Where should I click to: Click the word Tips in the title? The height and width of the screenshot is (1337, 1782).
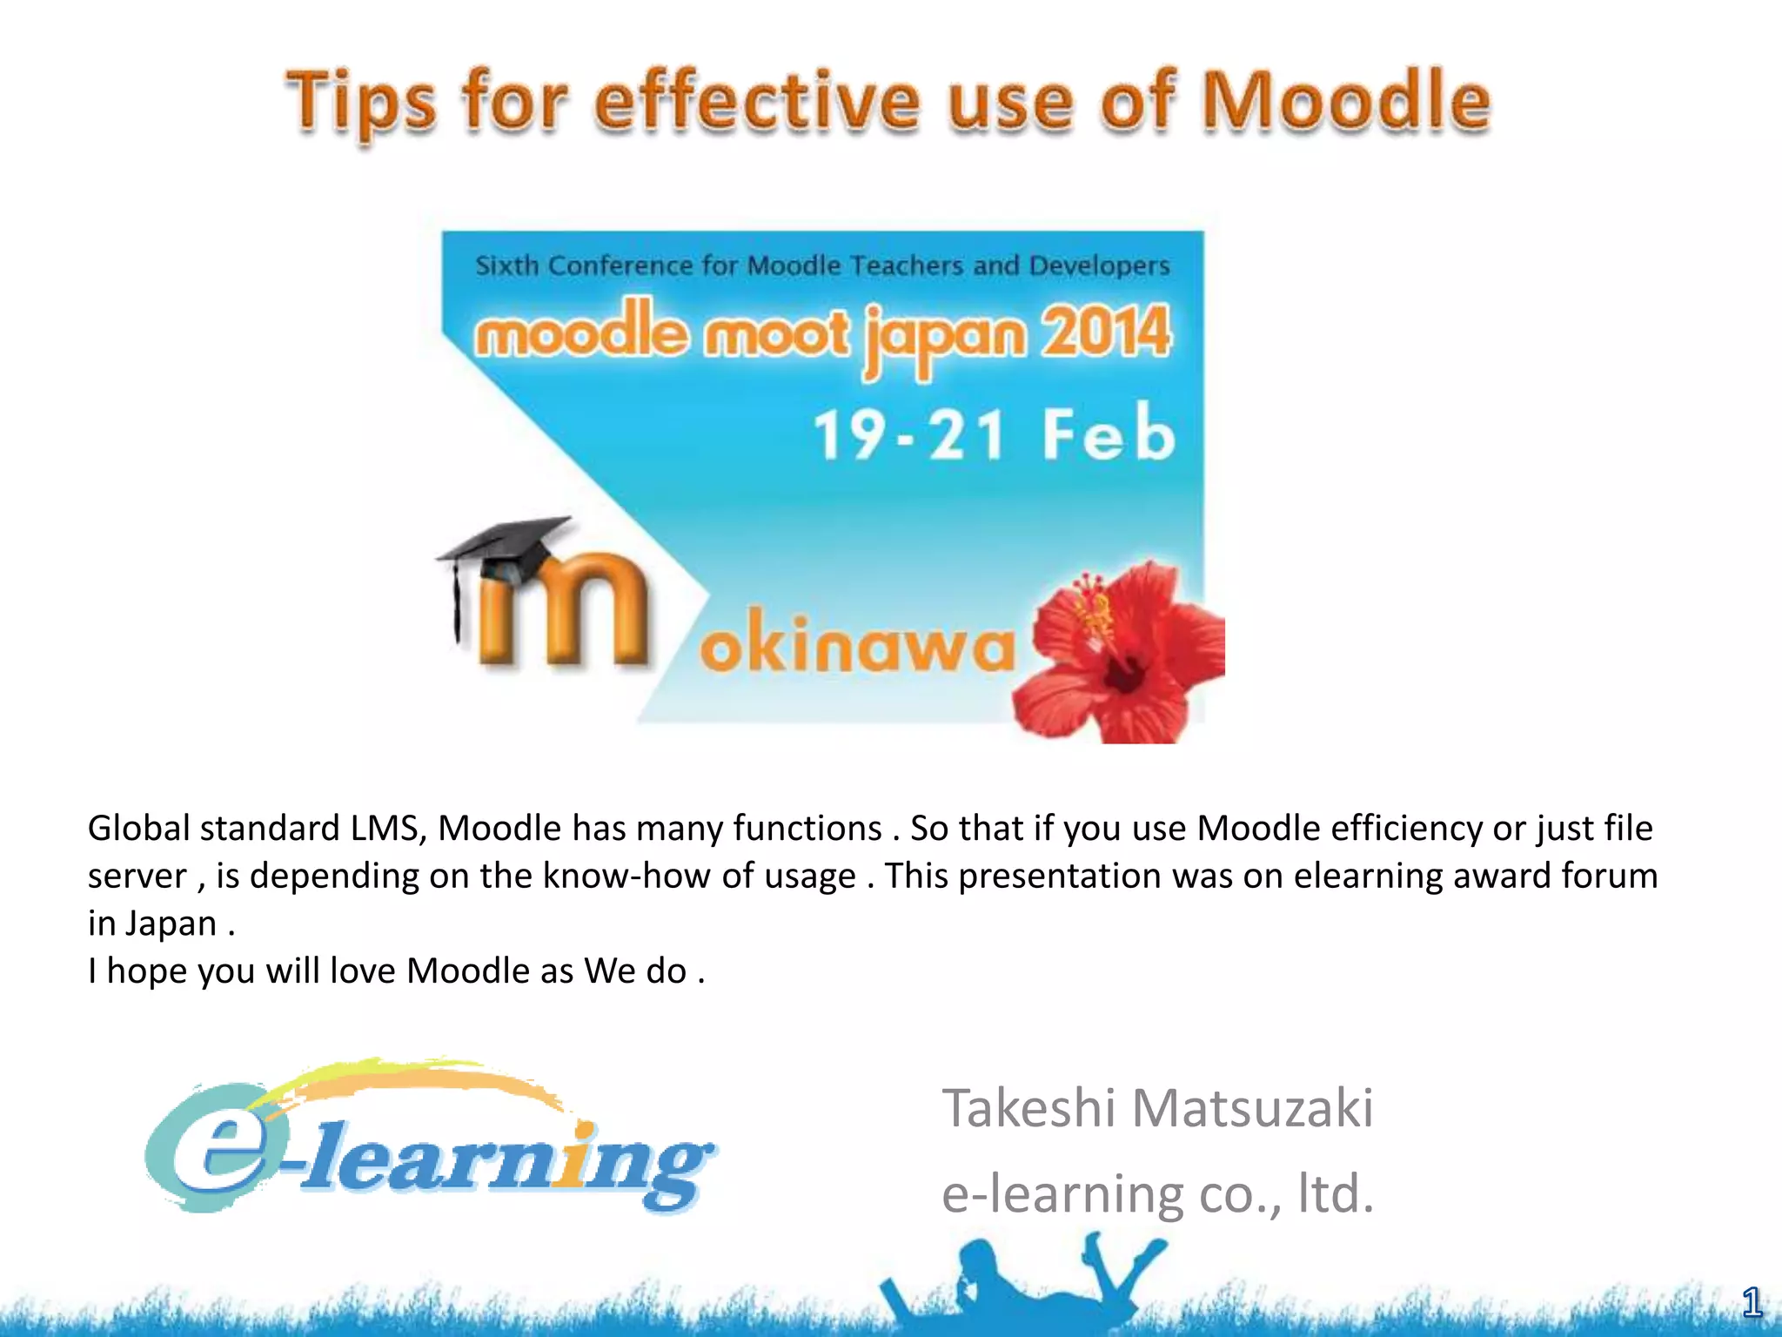[x=359, y=104]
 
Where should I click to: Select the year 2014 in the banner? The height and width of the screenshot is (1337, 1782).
[x=1106, y=333]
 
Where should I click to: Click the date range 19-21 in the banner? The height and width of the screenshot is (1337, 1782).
[x=909, y=434]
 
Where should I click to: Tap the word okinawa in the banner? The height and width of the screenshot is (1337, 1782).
[x=857, y=645]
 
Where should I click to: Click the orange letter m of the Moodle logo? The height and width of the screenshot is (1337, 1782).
[x=566, y=614]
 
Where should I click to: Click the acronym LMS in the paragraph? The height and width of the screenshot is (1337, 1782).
[x=387, y=828]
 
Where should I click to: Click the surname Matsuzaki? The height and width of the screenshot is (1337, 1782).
[x=1252, y=1108]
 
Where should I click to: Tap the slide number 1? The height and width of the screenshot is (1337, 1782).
[x=1752, y=1303]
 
